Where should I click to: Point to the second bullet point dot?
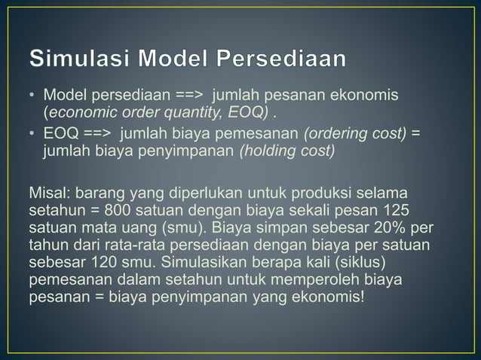(x=32, y=134)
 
